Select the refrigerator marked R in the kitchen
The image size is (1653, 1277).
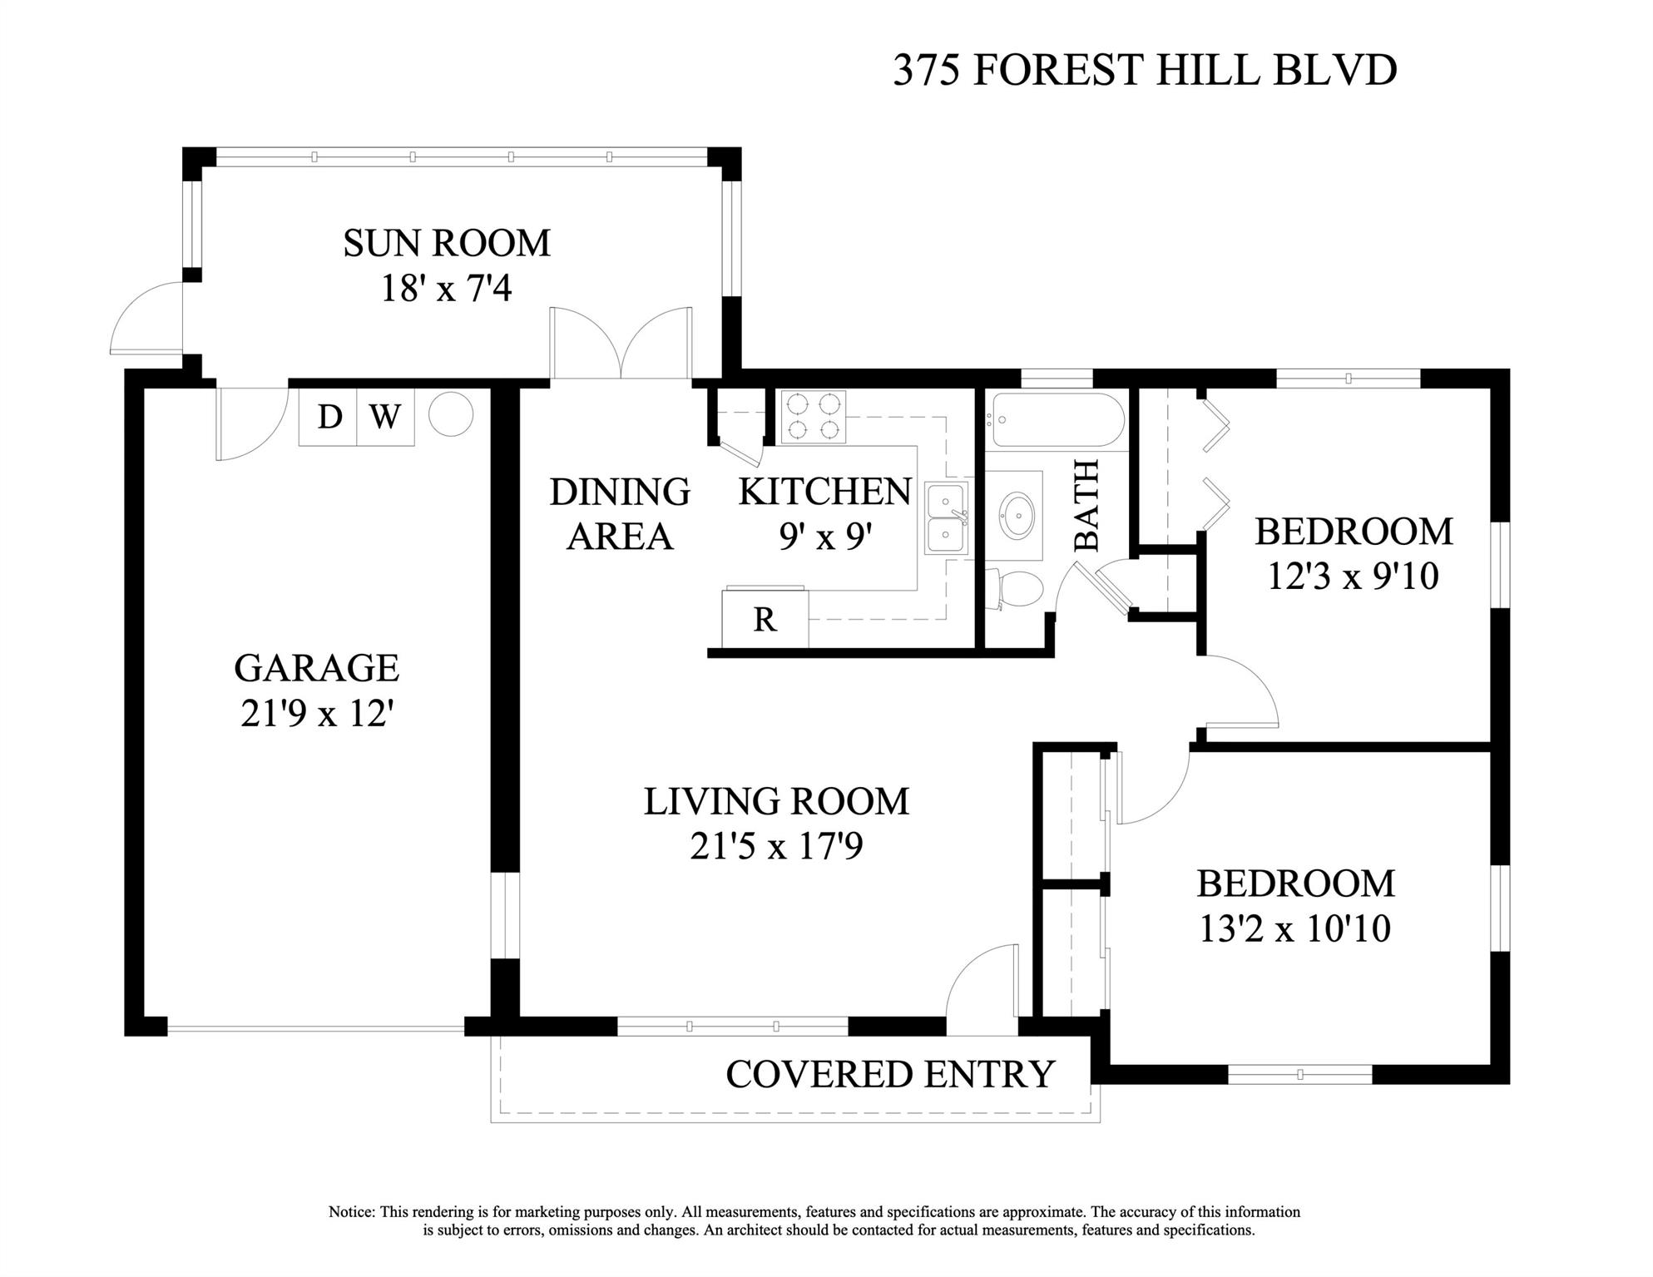pos(765,618)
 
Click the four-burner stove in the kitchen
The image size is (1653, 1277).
pos(814,416)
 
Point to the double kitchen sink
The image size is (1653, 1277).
pos(948,518)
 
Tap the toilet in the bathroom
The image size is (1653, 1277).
pos(1014,590)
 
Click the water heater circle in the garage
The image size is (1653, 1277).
pos(451,414)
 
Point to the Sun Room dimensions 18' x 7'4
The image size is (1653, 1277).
pos(446,289)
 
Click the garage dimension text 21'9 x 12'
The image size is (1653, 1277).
pos(316,713)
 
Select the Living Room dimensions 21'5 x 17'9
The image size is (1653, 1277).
pos(776,846)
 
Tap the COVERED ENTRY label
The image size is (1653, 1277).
pos(890,1074)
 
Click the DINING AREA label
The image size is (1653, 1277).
pos(620,514)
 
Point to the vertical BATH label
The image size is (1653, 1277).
pos(1086,505)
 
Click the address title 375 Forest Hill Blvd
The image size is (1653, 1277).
pos(1145,70)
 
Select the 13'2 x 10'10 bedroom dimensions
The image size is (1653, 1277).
pos(1295,928)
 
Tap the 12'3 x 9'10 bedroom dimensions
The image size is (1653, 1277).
pos(1354,576)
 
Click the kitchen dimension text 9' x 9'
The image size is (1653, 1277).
pos(825,537)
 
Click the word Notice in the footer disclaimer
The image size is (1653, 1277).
pos(352,1212)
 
